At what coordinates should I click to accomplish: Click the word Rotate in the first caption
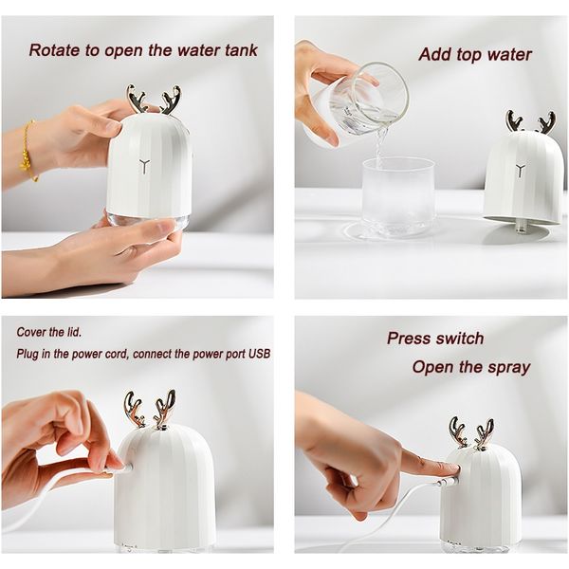click(55, 50)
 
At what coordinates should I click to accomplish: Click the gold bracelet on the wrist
click(28, 151)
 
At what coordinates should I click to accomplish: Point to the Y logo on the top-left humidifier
click(144, 166)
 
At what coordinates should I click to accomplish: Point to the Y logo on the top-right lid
click(521, 171)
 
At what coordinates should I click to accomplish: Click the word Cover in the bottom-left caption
click(31, 332)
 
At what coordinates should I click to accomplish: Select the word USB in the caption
click(260, 354)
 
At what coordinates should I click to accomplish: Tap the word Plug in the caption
click(28, 354)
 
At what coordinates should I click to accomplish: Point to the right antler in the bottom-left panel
click(164, 408)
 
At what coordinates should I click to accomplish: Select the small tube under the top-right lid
click(521, 228)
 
